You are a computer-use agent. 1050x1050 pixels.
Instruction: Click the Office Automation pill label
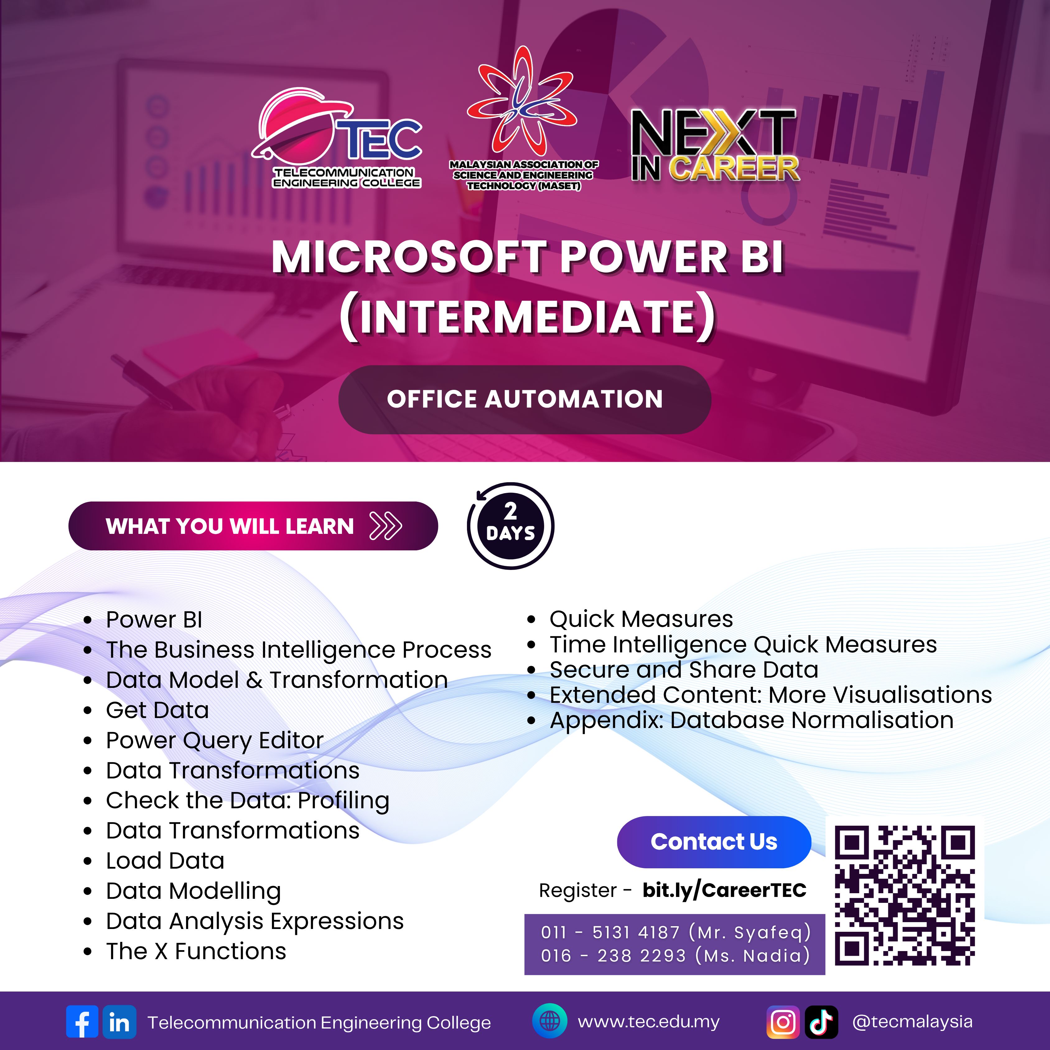coord(525,399)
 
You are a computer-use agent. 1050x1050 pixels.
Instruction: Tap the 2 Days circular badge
coord(510,525)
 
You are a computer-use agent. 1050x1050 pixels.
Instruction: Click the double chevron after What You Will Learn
coord(385,525)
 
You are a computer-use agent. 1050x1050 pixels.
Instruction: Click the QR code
coord(905,896)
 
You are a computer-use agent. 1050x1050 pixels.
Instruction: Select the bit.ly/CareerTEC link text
coord(725,890)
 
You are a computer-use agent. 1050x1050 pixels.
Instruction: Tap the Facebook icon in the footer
coord(82,1022)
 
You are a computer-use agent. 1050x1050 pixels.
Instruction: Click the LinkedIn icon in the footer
coord(119,1022)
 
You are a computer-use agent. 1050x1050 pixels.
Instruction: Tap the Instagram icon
coord(783,1022)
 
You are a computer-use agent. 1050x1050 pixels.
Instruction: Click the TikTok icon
coord(821,1022)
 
